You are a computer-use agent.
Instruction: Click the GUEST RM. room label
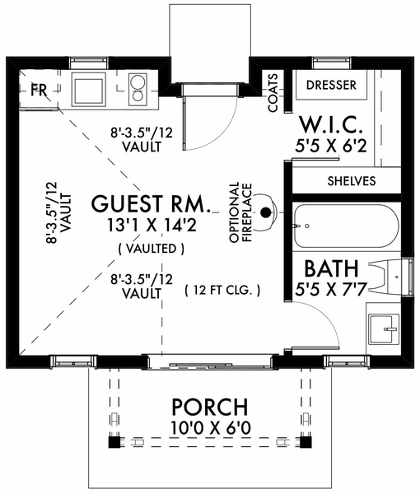click(151, 204)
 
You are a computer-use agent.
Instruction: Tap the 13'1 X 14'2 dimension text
click(152, 226)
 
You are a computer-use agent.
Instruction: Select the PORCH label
click(209, 407)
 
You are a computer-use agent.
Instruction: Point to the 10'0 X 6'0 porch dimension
click(211, 427)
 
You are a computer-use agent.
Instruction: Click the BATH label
click(332, 268)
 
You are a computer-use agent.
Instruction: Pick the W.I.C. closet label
click(331, 125)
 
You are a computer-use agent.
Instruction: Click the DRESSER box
click(331, 85)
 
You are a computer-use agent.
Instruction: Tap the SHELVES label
click(352, 181)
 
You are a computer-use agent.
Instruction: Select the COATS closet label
click(273, 92)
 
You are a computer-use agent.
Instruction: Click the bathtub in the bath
click(347, 226)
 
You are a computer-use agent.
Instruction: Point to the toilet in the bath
click(390, 277)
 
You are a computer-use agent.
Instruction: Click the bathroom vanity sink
click(382, 329)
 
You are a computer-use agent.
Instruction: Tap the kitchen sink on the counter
click(88, 90)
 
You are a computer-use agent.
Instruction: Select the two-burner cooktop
click(138, 90)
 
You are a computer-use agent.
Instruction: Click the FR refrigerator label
click(39, 91)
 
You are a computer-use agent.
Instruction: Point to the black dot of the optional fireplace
click(266, 212)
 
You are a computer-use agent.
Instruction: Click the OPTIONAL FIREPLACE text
click(241, 212)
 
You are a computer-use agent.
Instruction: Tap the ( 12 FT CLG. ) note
click(222, 290)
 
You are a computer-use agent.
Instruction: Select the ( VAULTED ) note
click(152, 249)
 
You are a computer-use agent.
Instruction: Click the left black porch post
click(114, 442)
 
